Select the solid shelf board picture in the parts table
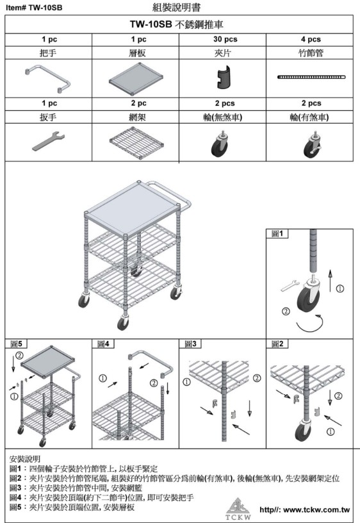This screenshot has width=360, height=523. [136, 79]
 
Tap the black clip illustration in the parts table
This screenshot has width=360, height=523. [222, 78]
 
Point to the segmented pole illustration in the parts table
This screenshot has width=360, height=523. [311, 77]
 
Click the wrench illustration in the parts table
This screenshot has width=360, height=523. [49, 141]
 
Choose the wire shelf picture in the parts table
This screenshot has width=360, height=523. [136, 141]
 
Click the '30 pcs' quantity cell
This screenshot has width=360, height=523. [225, 39]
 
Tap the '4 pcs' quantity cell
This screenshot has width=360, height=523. [311, 39]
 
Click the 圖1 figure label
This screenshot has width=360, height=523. [277, 233]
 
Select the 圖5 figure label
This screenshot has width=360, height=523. [16, 344]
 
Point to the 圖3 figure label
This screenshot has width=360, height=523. [190, 344]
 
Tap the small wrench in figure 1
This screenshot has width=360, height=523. [290, 285]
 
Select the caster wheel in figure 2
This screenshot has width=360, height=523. [304, 430]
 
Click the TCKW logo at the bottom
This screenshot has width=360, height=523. [238, 509]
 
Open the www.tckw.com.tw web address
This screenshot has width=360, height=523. [305, 510]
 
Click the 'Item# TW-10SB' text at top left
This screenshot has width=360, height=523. [34, 8]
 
